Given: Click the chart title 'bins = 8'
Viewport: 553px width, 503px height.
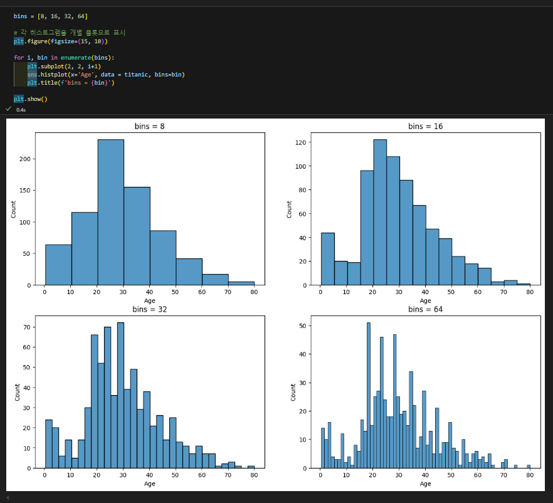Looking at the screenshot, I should (x=149, y=126).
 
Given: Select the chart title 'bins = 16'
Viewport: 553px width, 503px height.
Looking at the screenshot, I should (x=425, y=126).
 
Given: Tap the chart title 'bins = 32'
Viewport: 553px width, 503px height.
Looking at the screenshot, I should (x=149, y=309).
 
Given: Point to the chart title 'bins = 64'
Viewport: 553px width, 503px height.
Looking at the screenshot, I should (x=425, y=309).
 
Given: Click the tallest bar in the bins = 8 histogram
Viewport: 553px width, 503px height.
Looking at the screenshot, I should (x=110, y=213).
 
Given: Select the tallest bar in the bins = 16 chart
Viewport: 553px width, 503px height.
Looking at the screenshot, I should (x=380, y=213).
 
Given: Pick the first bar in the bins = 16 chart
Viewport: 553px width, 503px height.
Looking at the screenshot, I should (x=327, y=259).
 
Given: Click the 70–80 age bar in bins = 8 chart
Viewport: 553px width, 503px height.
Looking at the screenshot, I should (x=241, y=283).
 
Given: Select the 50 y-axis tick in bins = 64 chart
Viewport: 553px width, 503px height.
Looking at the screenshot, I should (x=303, y=326).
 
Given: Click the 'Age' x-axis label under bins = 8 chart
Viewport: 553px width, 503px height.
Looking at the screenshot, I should (x=149, y=300).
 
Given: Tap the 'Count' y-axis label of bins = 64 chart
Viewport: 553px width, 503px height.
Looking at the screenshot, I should (x=292, y=392).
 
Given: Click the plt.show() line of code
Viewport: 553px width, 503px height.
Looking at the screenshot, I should (x=31, y=99).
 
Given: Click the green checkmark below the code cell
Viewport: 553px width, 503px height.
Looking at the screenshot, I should (x=8, y=109).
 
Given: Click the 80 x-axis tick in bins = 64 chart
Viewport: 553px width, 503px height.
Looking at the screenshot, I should (x=530, y=476).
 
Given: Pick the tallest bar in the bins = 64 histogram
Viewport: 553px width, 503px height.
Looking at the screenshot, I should (x=369, y=395).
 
